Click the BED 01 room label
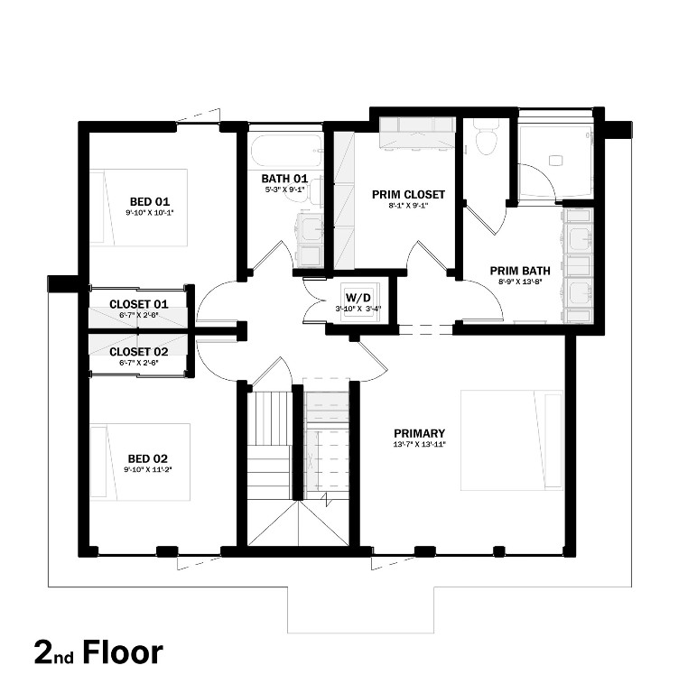click(150, 201)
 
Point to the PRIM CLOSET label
click(408, 194)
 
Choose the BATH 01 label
click(285, 179)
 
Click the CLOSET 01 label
click(139, 304)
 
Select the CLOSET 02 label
click(139, 351)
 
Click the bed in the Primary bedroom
click(512, 439)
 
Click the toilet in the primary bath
click(487, 138)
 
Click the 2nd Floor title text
click(99, 651)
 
